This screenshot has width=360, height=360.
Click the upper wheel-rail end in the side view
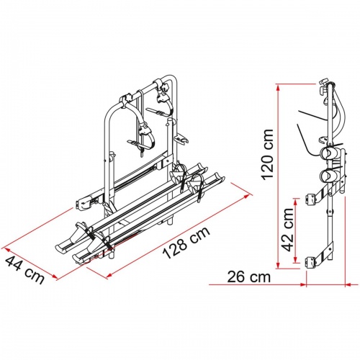click(x=329, y=154)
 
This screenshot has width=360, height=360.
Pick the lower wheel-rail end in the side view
click(x=329, y=176)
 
